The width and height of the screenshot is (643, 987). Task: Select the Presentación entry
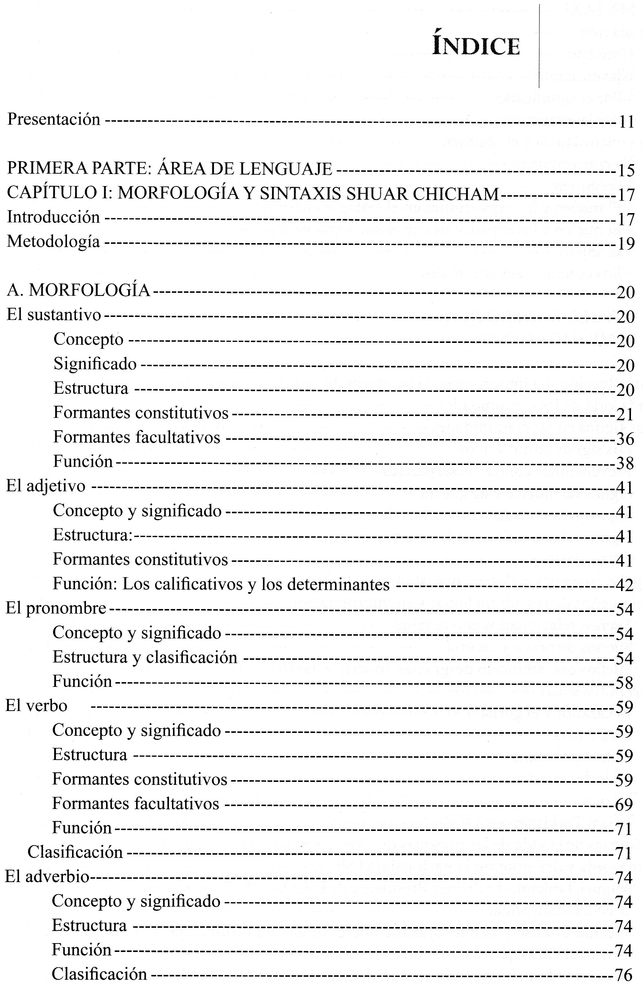[x=54, y=120]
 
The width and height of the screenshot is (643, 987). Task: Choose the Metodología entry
[x=53, y=241]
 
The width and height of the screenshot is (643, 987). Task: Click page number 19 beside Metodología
[x=625, y=244]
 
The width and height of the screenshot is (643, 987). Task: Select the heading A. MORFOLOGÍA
[x=78, y=291]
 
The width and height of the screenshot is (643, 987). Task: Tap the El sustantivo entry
[x=53, y=315]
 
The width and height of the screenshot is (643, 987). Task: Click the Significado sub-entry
[x=95, y=364]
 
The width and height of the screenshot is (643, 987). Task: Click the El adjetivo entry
[x=46, y=486]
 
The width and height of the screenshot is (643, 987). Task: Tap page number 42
[x=624, y=586]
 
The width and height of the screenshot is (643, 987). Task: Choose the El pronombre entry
[x=56, y=608]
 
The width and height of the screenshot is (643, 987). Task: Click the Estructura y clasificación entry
[x=145, y=657]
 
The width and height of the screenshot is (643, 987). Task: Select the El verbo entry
[x=36, y=706]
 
